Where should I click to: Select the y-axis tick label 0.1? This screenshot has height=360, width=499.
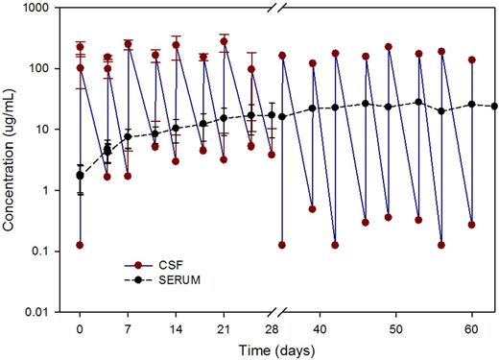53,252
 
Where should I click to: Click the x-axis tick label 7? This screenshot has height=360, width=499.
128,326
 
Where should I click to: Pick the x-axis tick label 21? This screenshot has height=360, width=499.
224,326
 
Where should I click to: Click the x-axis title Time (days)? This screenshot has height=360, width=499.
281,348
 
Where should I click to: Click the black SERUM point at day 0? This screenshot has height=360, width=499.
80,176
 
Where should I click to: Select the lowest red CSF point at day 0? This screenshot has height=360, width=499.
80,245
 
